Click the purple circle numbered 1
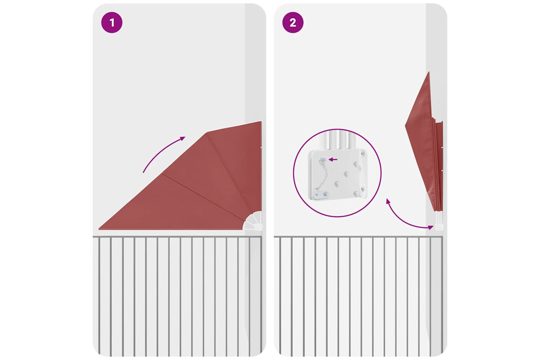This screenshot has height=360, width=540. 112,22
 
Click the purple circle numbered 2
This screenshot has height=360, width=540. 293,22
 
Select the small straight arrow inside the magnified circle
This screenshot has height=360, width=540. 333,159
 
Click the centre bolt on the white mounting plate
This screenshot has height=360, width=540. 346,174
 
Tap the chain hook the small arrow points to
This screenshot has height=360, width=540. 323,160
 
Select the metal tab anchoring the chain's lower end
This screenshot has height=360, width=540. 320,194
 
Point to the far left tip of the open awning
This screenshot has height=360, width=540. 99,229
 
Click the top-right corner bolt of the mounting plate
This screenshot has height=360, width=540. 363,153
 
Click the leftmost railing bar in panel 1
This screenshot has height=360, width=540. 99,296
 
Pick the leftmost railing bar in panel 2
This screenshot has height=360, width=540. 280,296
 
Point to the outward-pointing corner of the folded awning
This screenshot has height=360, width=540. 405,125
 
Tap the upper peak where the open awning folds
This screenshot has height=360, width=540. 207,132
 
